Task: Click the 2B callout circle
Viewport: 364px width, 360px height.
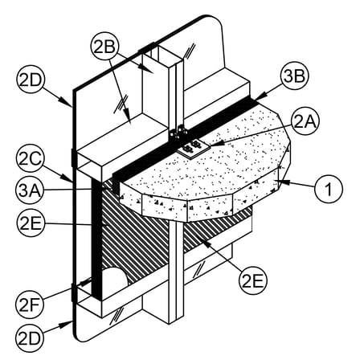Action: (104, 47)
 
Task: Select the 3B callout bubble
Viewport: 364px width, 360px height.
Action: (294, 76)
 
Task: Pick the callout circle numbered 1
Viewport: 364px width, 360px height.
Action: (329, 189)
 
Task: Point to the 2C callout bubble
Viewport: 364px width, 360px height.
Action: (30, 159)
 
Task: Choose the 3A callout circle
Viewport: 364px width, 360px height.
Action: (30, 190)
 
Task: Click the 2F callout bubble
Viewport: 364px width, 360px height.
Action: (30, 305)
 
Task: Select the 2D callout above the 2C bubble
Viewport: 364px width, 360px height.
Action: (31, 80)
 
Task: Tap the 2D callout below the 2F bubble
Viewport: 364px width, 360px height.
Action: (30, 338)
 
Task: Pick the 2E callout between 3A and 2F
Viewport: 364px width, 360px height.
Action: (30, 223)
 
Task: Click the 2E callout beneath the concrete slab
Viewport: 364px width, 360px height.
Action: (253, 281)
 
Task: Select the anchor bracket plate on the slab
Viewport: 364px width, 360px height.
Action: (191, 149)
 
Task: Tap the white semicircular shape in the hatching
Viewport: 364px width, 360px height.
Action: (115, 279)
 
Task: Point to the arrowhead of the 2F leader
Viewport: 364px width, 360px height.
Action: (86, 282)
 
